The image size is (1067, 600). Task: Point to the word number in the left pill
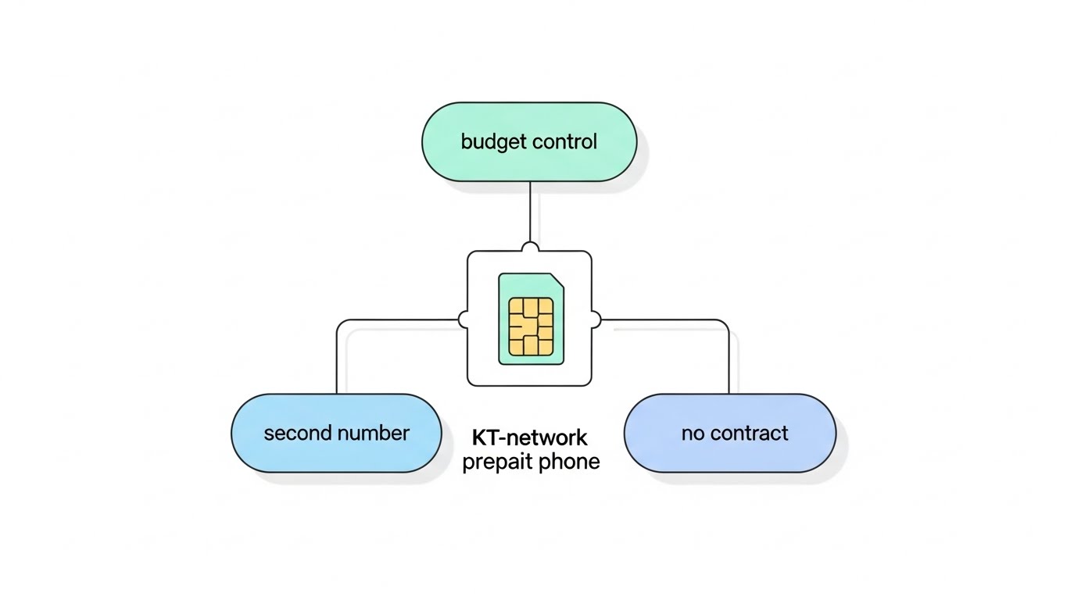tap(374, 433)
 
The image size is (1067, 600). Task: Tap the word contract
tap(750, 433)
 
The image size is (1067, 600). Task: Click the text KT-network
tap(530, 437)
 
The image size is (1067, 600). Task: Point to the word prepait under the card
tap(495, 462)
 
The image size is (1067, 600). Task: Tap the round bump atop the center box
tap(530, 248)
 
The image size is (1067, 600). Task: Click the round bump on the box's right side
tap(595, 319)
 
